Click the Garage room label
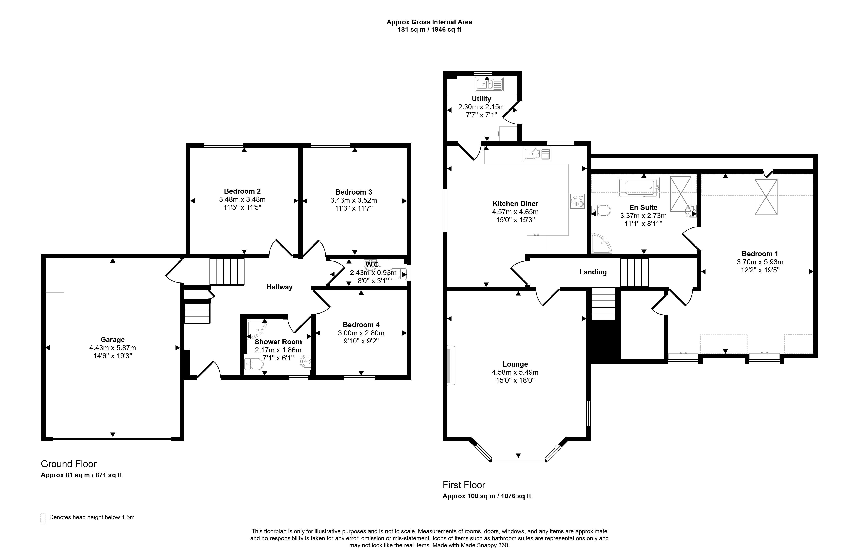click(113, 340)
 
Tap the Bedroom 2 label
click(242, 191)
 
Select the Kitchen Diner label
click(515, 204)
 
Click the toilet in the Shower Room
click(254, 364)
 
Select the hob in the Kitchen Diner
click(577, 201)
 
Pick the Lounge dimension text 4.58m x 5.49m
click(515, 372)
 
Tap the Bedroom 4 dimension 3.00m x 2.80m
click(361, 333)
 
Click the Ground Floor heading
click(69, 464)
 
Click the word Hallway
click(279, 287)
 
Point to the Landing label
click(593, 272)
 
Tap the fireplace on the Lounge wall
click(451, 365)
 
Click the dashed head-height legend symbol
click(43, 518)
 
